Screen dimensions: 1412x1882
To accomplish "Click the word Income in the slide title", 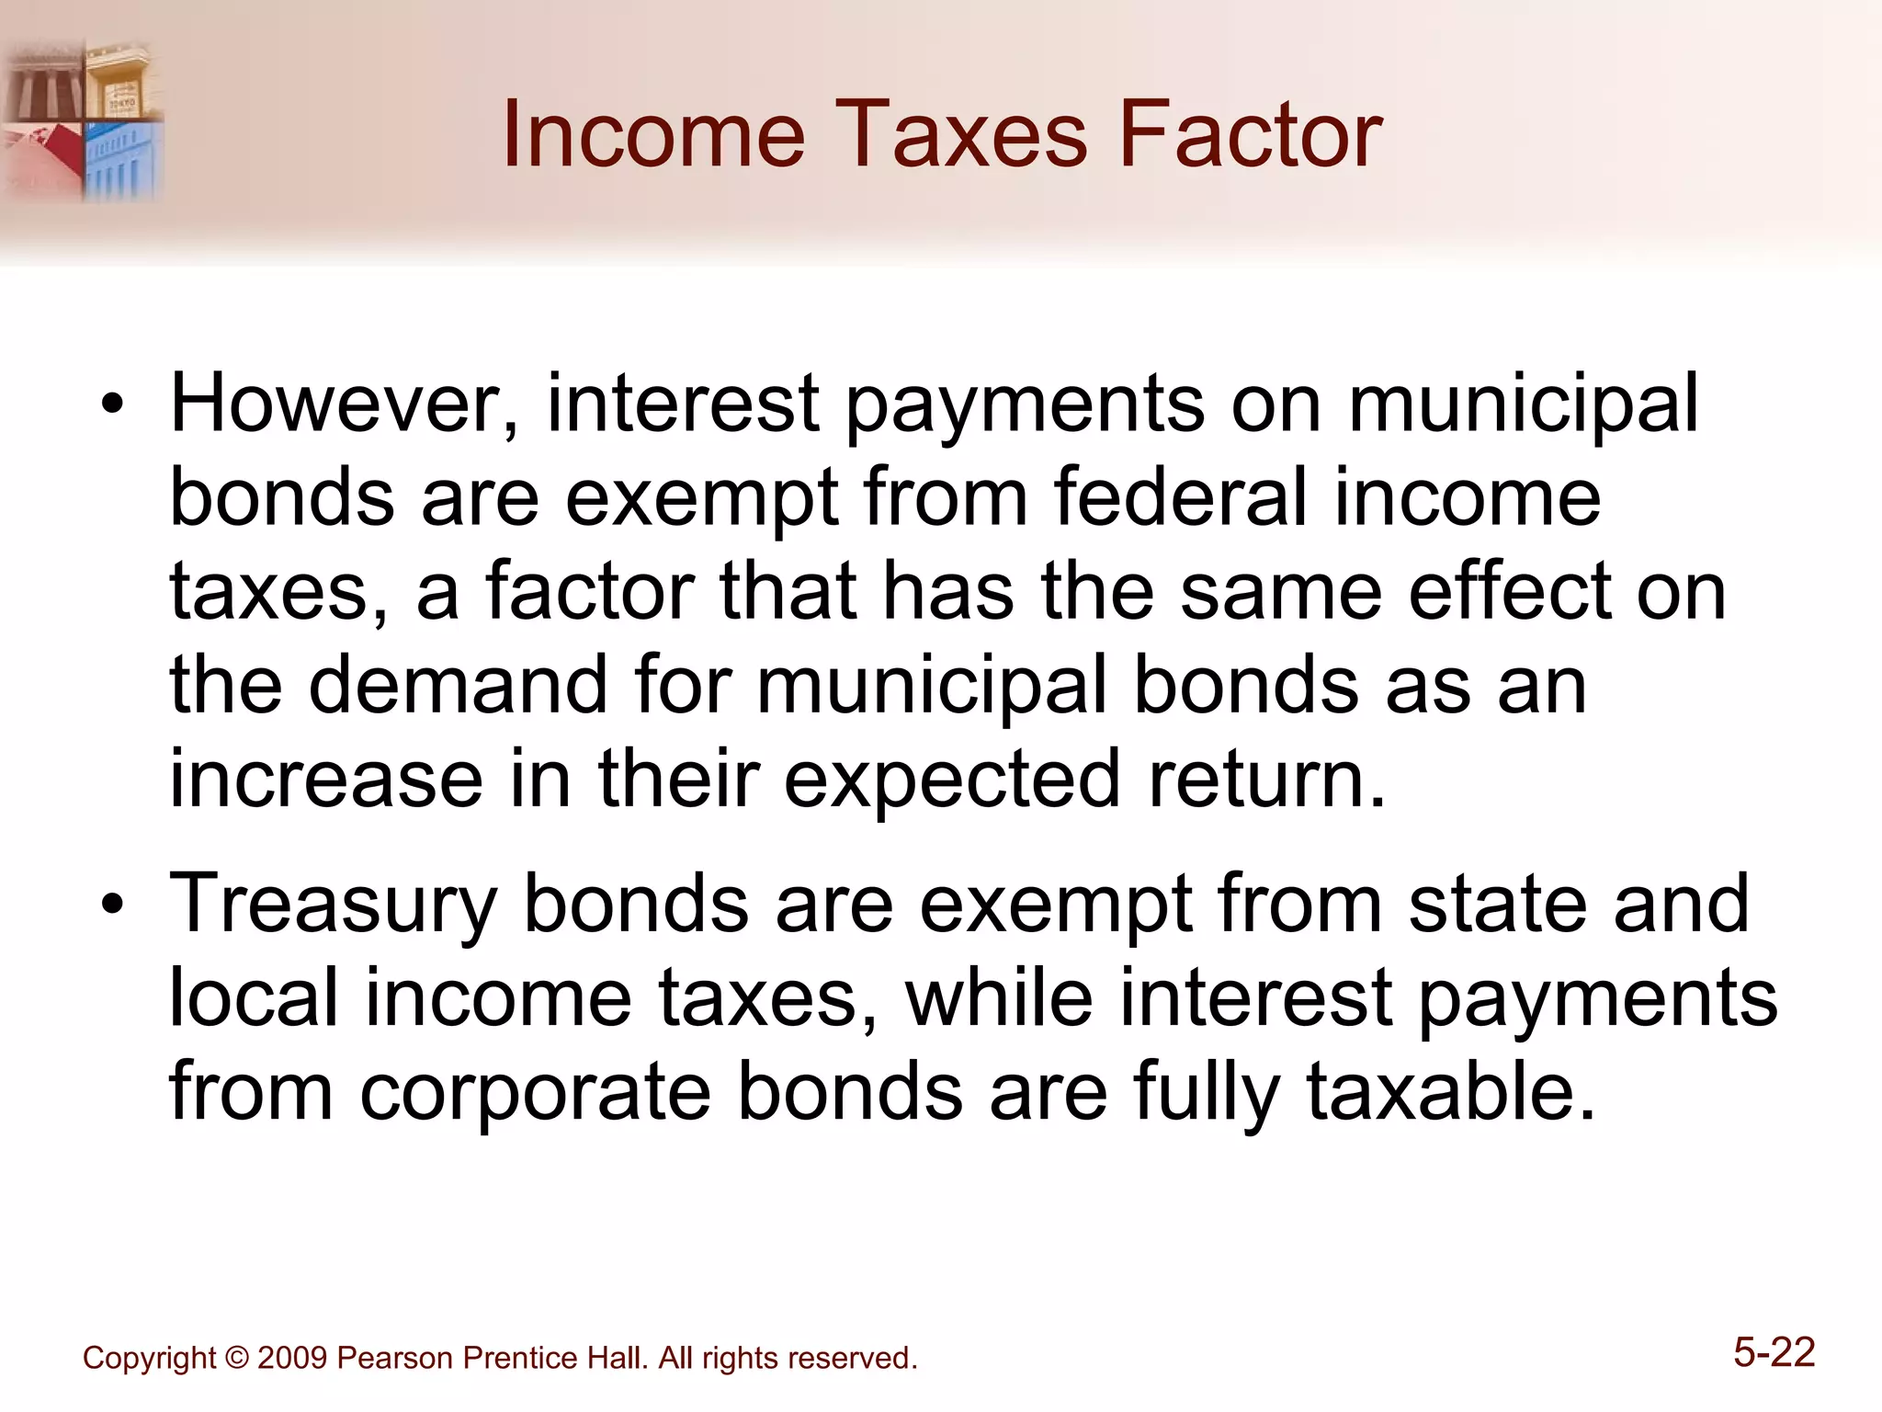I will (653, 135).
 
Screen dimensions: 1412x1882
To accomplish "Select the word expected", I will (952, 780).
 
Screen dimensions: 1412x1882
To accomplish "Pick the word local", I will (254, 998).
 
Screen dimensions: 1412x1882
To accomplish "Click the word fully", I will (1207, 1092).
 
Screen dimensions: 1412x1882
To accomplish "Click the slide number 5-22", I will (1774, 1353).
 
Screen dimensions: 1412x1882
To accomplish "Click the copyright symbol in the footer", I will (237, 1359).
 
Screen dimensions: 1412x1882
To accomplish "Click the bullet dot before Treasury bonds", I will (112, 905).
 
